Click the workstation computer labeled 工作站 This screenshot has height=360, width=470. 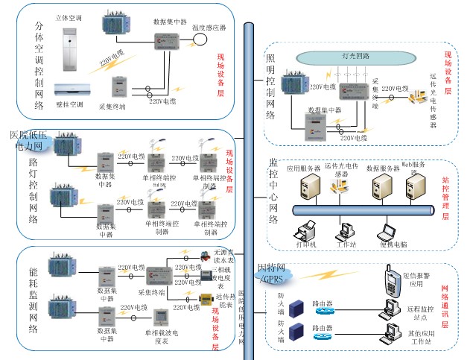[345, 232]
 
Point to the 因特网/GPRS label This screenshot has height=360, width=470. [275, 273]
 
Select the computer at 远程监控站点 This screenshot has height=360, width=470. [387, 306]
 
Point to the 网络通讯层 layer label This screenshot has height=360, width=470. [446, 306]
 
